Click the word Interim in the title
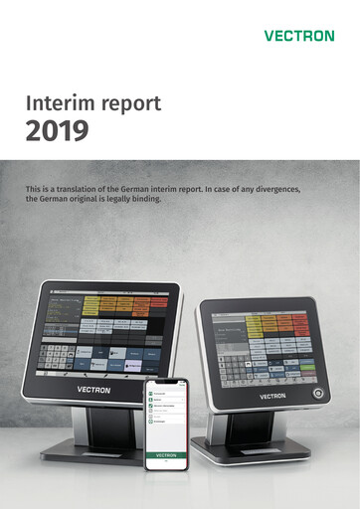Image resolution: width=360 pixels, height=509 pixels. pos(63,103)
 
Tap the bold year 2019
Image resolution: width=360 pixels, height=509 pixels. pos(58,130)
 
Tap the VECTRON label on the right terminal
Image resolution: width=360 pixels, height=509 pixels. pos(272,395)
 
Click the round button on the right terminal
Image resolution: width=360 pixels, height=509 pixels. pos(318,394)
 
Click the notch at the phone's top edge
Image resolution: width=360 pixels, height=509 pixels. pos(166,381)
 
